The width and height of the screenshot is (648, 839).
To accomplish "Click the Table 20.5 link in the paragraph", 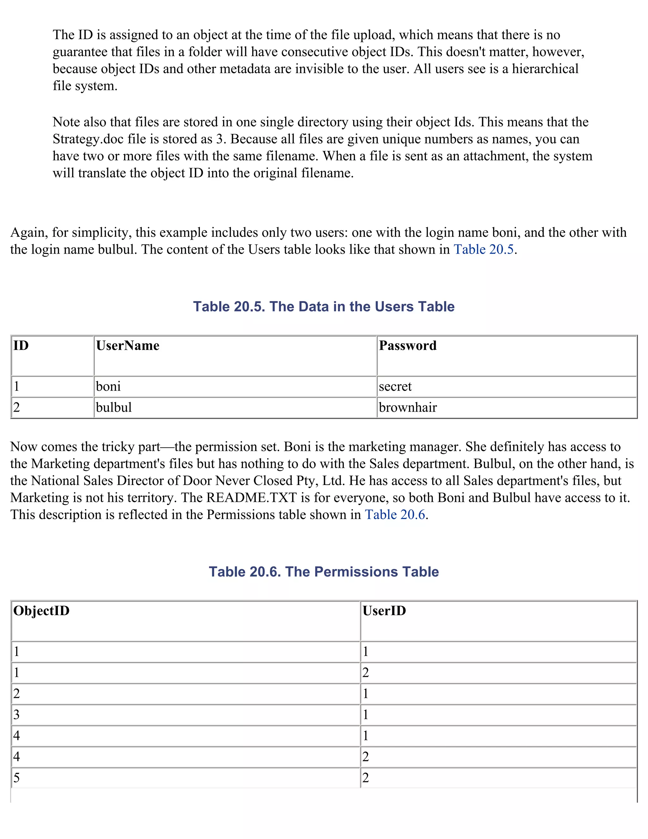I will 483,249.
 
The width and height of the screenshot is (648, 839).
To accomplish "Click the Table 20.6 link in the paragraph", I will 395,514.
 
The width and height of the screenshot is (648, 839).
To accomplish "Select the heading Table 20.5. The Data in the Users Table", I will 324,306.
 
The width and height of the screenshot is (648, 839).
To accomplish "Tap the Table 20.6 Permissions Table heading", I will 324,571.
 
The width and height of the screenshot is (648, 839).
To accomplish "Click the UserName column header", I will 128,346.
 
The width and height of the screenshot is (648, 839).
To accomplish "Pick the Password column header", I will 408,346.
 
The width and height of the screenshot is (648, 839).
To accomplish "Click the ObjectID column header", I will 41,611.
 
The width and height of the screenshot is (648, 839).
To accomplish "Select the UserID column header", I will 384,611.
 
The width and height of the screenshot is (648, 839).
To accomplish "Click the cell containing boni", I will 108,386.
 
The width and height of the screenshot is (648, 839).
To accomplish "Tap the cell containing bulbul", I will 114,407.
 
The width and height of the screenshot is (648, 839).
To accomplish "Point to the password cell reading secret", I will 395,386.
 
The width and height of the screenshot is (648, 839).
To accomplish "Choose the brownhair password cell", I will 408,407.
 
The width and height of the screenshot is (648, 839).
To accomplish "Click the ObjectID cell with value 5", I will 16,778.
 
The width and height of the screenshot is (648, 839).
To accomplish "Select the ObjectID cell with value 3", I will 16,715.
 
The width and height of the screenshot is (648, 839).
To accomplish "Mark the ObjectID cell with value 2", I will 16,693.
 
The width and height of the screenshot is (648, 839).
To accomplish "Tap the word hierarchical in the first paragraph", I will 545,69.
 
